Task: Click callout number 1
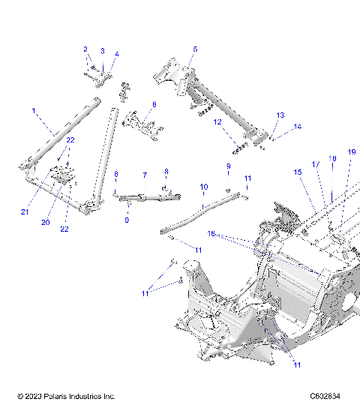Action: click(x=34, y=111)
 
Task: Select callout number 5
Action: click(x=194, y=49)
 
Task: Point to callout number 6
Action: click(x=154, y=104)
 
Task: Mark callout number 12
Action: click(x=217, y=121)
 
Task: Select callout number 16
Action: click(x=212, y=234)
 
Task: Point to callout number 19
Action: click(x=351, y=151)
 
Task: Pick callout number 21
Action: click(x=25, y=212)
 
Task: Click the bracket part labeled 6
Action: click(x=142, y=123)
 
